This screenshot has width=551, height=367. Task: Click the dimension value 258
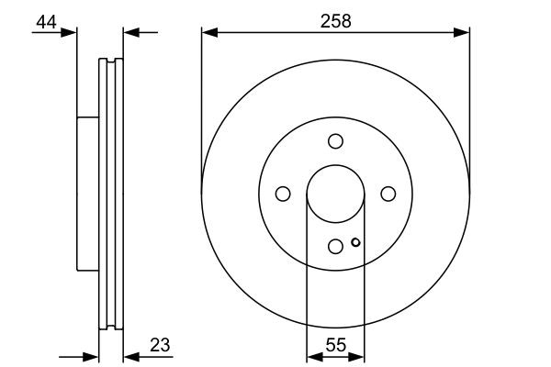point(335,19)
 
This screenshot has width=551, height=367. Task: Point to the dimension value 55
point(335,346)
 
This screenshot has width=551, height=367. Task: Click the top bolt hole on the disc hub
point(335,140)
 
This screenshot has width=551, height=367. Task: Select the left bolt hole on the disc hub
point(283,193)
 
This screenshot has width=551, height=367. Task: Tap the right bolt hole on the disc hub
point(388,193)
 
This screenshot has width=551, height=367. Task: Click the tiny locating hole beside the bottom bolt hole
point(355,243)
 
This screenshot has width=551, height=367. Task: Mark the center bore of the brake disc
point(335,193)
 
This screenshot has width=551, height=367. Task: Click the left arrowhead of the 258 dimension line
point(208,33)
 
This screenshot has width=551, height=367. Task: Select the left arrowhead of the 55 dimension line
point(311,357)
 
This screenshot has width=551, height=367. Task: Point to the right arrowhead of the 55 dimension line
point(359,357)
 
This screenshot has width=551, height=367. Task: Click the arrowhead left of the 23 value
point(129,357)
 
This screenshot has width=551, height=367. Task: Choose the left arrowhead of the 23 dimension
point(91,357)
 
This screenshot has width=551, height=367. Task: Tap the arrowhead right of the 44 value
point(71,33)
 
